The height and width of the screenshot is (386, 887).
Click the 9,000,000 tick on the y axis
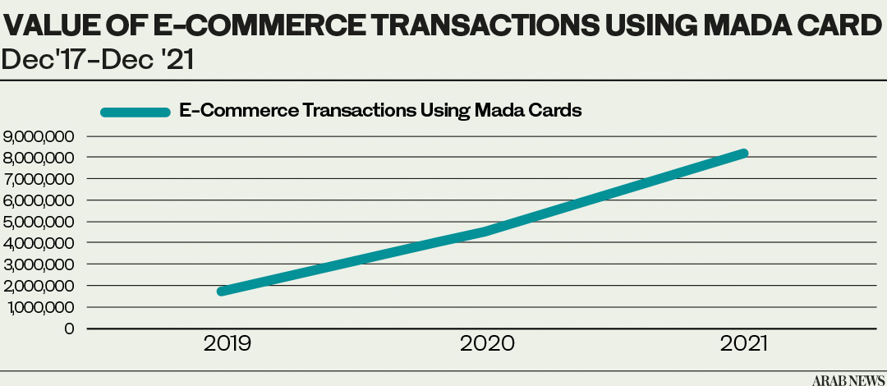coord(39,136)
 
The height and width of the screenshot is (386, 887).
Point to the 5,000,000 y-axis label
coord(39,222)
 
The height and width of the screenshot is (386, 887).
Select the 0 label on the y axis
coord(70,329)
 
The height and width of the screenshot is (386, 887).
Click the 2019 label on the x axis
coord(227,344)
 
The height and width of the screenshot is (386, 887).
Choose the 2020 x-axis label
coord(486,344)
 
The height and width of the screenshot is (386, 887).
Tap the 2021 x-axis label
coord(744,344)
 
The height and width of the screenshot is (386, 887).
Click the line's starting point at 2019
coord(222,291)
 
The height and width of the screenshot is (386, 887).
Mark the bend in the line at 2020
coord(485,231)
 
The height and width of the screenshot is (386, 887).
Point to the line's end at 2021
coord(744,154)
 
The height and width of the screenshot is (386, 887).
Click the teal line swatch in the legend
coord(136,112)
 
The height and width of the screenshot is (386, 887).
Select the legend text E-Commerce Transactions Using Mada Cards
coord(381,111)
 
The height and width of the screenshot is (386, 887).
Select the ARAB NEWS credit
coord(848,379)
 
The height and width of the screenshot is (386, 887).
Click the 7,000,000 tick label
coord(39,179)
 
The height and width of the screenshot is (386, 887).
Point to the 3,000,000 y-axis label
coord(39,264)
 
